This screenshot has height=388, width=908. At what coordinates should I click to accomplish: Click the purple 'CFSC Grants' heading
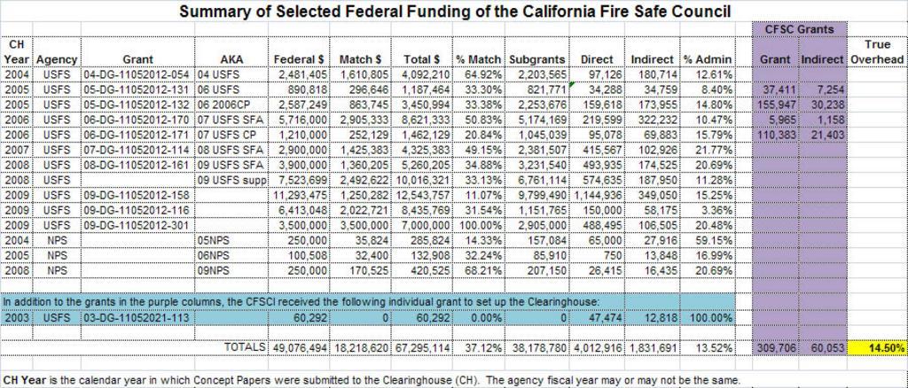tap(799, 29)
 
